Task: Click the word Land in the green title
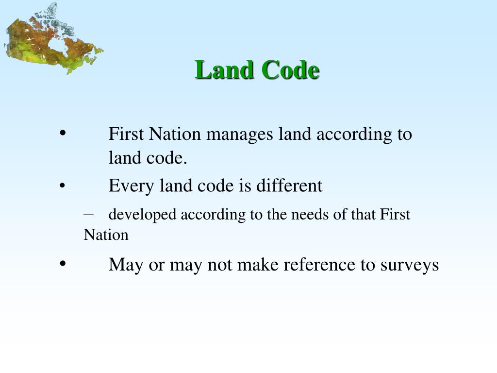coord(224,70)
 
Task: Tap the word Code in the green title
coord(290,70)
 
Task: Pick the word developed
coord(143,215)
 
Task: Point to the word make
coord(258,265)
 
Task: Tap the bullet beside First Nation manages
coord(63,134)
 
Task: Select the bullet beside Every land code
coord(63,186)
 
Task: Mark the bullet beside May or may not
coord(63,264)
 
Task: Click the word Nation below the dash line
coord(106,235)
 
